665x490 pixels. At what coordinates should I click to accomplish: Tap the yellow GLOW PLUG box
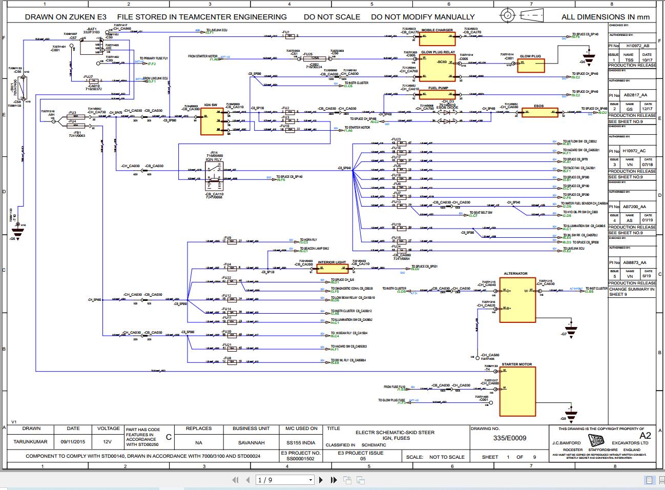530,65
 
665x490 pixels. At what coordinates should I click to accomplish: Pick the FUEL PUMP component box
437,94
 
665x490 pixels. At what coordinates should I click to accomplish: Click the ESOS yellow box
539,113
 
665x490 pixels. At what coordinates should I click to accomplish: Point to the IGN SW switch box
212,121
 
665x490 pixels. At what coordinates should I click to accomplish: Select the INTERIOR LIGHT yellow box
332,269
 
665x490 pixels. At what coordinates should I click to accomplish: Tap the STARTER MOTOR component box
518,391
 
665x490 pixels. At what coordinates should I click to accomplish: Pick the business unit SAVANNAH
251,443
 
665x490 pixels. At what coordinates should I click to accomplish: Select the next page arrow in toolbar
321,480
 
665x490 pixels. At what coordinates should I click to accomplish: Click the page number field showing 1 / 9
284,480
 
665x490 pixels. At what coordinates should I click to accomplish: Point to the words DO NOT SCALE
331,17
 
